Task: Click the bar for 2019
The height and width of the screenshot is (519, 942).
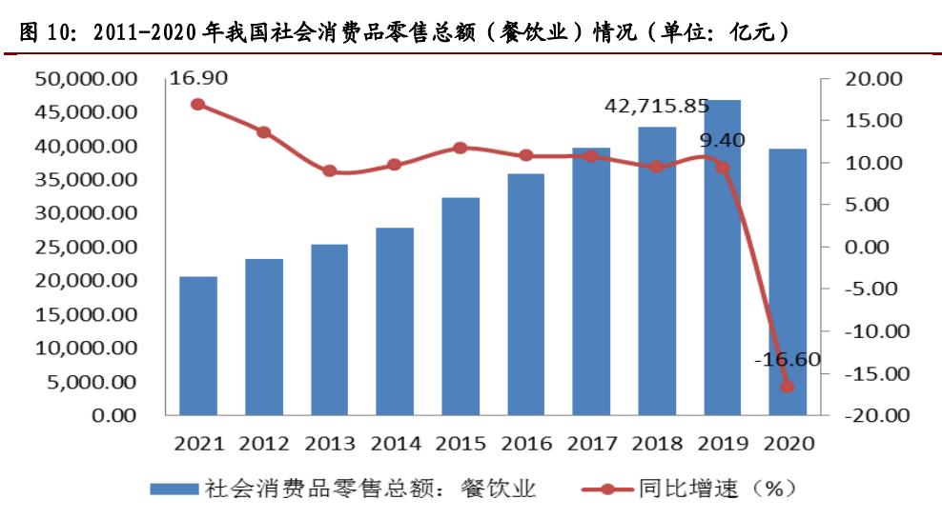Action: click(x=722, y=257)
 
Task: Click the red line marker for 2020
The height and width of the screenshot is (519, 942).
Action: click(x=788, y=387)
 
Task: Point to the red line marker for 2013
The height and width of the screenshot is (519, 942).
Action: click(x=329, y=171)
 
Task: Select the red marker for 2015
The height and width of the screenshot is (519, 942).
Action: click(x=461, y=148)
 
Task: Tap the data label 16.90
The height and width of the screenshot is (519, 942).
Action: click(x=198, y=77)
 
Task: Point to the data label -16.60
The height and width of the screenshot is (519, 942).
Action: click(x=787, y=360)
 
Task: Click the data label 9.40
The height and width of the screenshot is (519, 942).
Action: click(x=722, y=141)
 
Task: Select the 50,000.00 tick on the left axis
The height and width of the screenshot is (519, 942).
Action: click(x=86, y=79)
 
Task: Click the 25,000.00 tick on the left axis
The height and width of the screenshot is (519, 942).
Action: click(x=86, y=248)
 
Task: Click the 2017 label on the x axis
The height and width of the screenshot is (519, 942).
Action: click(x=591, y=443)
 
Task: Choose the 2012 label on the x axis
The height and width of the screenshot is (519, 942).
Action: click(x=264, y=443)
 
